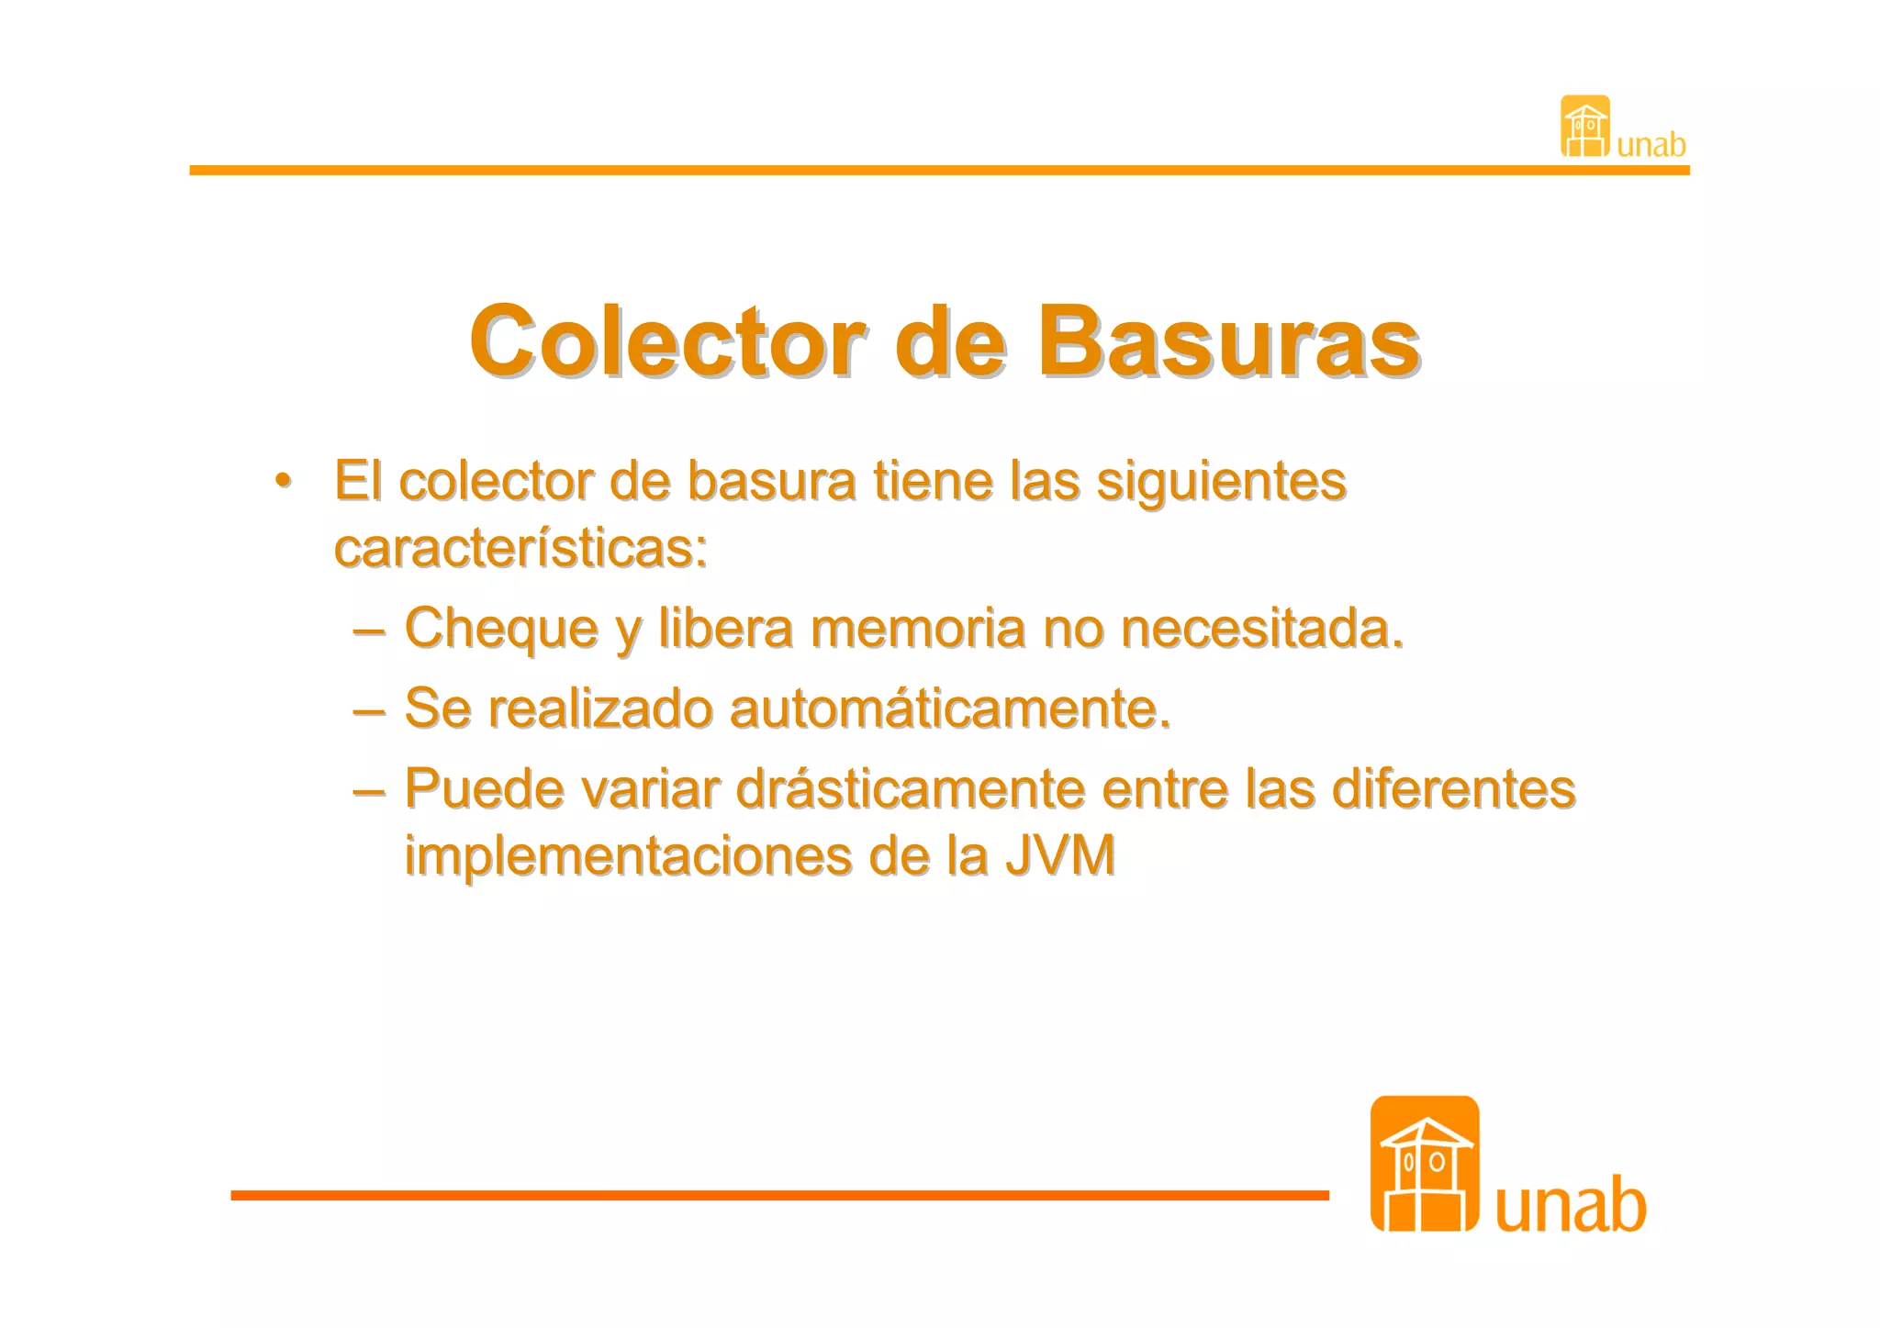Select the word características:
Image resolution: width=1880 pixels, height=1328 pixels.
pyautogui.click(x=520, y=549)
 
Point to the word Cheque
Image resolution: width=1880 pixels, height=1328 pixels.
pyautogui.click(x=501, y=630)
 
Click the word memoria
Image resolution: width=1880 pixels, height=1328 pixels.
pyautogui.click(x=917, y=630)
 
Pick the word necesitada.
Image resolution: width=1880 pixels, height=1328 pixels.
pyautogui.click(x=1261, y=630)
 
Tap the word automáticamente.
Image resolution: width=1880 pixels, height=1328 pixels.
pyautogui.click(x=950, y=709)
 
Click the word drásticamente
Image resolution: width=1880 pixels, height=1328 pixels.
pyautogui.click(x=910, y=789)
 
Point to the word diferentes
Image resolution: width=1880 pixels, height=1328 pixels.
pyautogui.click(x=1453, y=789)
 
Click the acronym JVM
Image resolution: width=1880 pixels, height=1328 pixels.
pyautogui.click(x=1060, y=857)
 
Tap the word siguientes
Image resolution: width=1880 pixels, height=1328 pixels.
pyautogui.click(x=1221, y=481)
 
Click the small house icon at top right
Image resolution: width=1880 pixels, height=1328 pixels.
pyautogui.click(x=1584, y=127)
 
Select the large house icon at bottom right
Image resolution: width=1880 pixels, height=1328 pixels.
pyautogui.click(x=1424, y=1164)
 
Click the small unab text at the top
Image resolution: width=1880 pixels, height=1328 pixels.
pyautogui.click(x=1651, y=145)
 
